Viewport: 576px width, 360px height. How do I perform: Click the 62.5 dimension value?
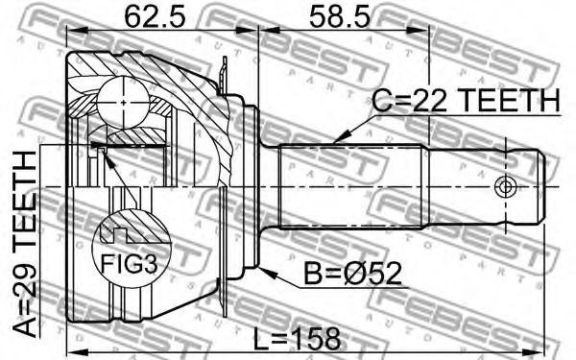155,17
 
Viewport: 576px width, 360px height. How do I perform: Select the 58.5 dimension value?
340,17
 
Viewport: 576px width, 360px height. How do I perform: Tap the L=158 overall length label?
298,339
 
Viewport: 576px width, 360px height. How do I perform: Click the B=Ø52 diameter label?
352,274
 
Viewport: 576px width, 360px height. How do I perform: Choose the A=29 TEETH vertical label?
25,244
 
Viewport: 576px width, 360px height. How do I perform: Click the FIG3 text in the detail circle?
129,264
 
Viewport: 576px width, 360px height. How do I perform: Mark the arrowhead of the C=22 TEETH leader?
340,137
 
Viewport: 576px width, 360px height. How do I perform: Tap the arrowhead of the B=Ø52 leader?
266,273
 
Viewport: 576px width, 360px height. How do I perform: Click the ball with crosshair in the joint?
124,102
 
